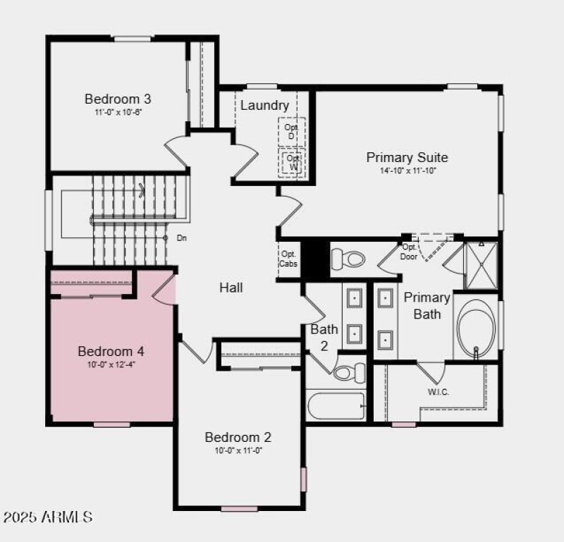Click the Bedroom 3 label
118,99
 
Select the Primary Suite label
407,157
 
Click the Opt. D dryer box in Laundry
290,131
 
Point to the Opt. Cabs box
288,259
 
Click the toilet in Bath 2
350,371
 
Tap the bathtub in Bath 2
336,407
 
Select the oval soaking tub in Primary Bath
476,330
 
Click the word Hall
231,288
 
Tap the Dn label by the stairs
182,238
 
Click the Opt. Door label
409,252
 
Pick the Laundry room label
264,106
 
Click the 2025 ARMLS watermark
48,517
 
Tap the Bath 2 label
324,337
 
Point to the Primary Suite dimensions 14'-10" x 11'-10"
407,171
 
